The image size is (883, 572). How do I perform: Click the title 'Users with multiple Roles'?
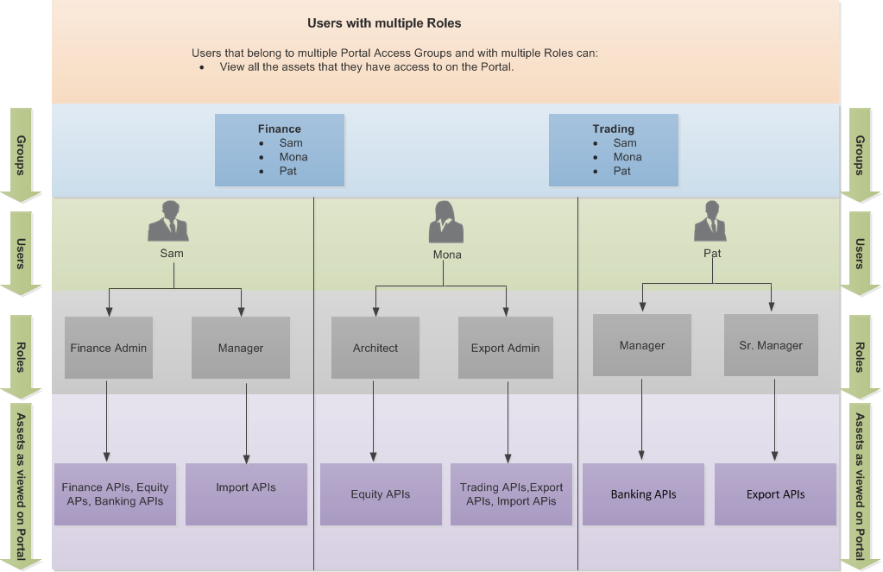[384, 23]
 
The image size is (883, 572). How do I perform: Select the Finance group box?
[280, 150]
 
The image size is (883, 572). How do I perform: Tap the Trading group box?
[613, 150]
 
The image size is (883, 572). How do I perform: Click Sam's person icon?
[168, 222]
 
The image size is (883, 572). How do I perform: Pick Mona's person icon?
[445, 223]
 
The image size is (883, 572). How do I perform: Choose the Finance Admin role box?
[109, 348]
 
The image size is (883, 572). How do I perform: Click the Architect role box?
[375, 348]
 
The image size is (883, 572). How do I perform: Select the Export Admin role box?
[505, 348]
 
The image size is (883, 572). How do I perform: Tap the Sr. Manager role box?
[771, 345]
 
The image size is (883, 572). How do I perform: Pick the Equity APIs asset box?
[381, 494]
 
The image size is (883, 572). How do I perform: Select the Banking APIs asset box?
[643, 494]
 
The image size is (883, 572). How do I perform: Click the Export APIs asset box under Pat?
[775, 494]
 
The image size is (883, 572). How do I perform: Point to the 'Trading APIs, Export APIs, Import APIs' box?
[511, 494]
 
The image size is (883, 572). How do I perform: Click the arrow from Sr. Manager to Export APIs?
[774, 419]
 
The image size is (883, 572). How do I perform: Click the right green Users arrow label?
[860, 254]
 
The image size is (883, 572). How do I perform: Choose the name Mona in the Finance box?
[293, 157]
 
